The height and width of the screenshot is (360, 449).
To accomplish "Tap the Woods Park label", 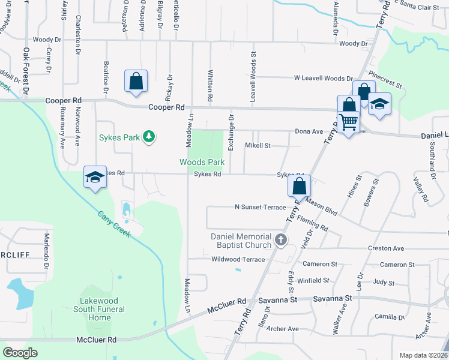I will pyautogui.click(x=202, y=162).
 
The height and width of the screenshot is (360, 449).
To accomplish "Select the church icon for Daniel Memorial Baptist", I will pyautogui.click(x=280, y=241).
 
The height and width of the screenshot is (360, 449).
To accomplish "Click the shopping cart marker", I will pyautogui.click(x=349, y=123).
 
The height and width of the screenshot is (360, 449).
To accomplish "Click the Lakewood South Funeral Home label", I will pyautogui.click(x=103, y=309).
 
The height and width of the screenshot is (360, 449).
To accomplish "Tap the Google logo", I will pyautogui.click(x=20, y=353).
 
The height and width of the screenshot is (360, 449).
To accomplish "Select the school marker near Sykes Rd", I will pyautogui.click(x=95, y=177).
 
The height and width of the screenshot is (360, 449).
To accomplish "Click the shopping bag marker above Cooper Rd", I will pyautogui.click(x=136, y=82).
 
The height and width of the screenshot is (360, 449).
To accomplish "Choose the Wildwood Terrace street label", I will pyautogui.click(x=238, y=259).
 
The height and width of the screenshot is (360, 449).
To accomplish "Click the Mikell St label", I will pyautogui.click(x=258, y=146).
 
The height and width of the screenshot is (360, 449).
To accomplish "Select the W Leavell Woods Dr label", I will pyautogui.click(x=323, y=79).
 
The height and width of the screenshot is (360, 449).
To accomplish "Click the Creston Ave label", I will pyautogui.click(x=386, y=248).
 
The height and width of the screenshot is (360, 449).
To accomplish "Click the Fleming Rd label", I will pyautogui.click(x=312, y=224).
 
